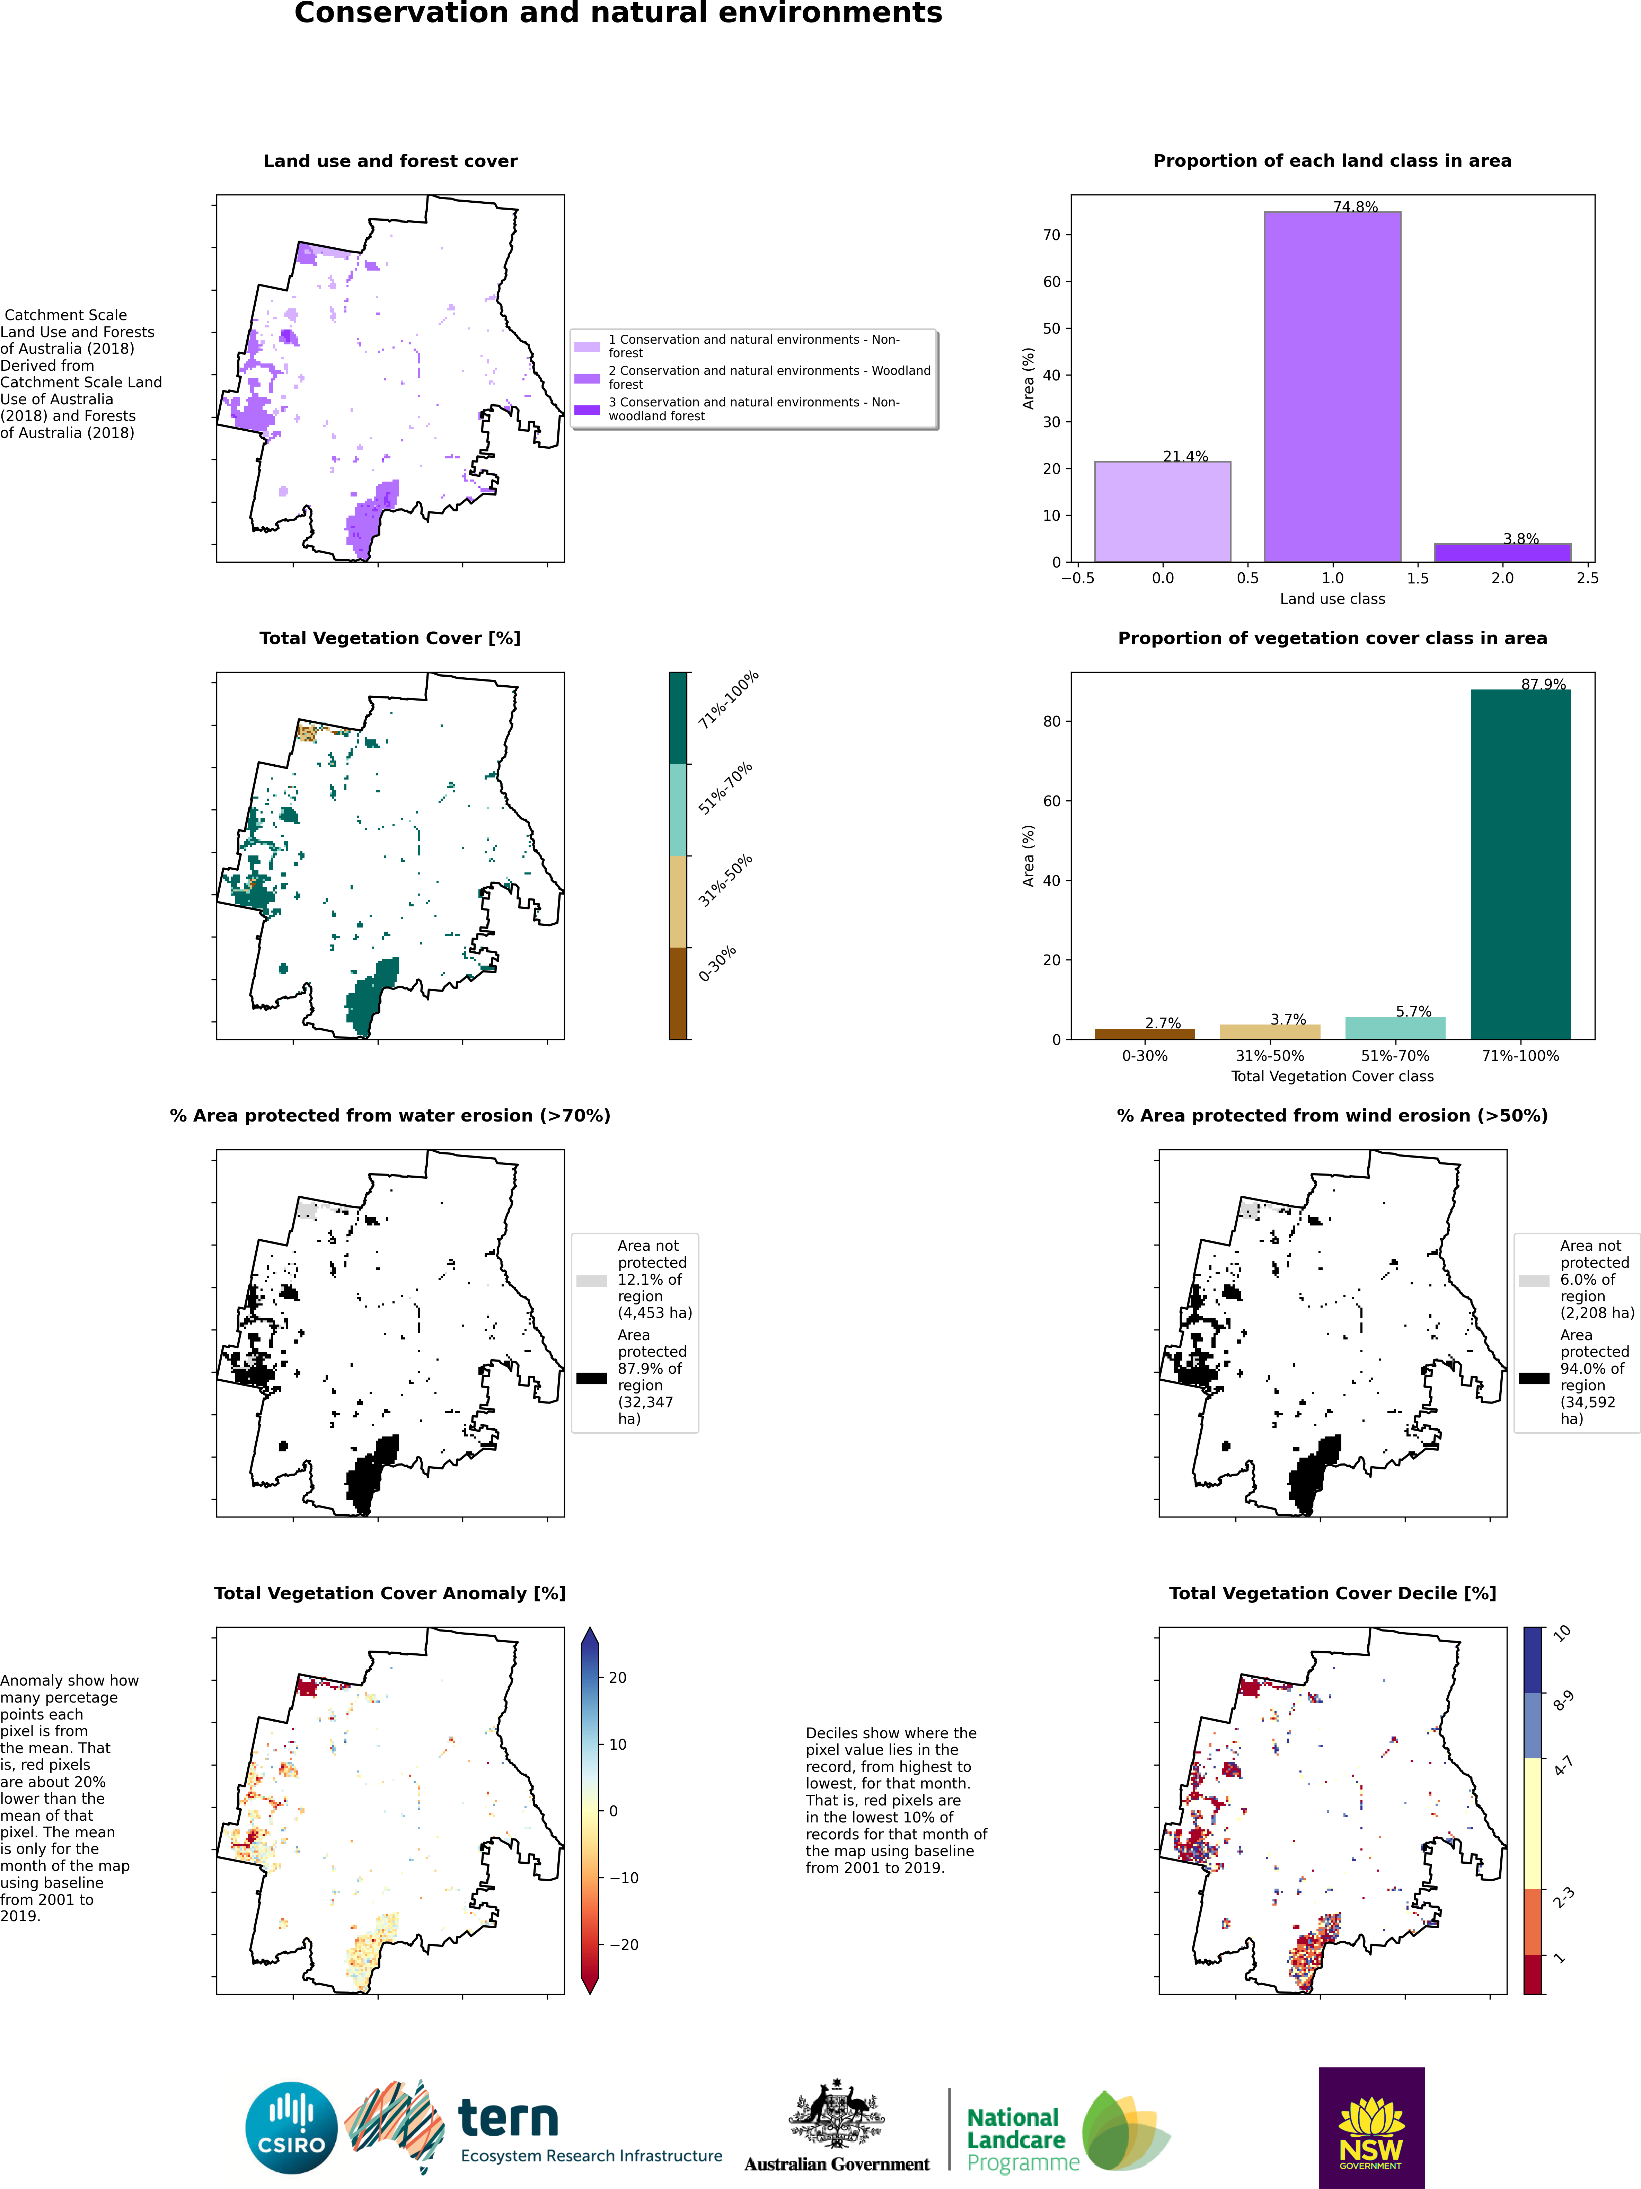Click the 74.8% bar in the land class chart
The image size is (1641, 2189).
click(1332, 386)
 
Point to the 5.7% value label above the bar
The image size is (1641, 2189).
click(1413, 1011)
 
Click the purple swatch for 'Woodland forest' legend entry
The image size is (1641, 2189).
click(587, 378)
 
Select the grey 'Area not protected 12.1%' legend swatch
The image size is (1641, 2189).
click(592, 1281)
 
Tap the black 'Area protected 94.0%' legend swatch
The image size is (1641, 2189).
click(1534, 1378)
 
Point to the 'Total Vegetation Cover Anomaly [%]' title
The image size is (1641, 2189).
click(390, 1593)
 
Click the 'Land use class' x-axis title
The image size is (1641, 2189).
click(1332, 599)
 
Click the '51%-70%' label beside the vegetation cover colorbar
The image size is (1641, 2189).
click(725, 789)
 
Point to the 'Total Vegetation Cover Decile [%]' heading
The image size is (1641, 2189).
click(1332, 1593)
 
